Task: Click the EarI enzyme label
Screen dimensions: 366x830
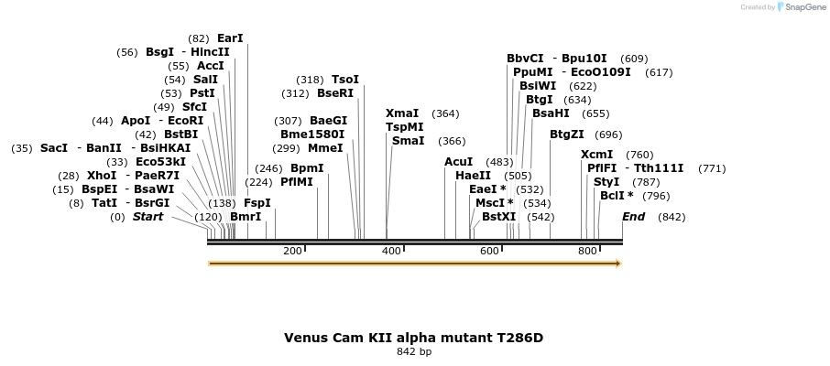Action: (230, 38)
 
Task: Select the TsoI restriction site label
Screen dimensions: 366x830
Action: (345, 80)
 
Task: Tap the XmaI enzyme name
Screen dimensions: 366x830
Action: (402, 113)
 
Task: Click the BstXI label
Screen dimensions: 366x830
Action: (499, 217)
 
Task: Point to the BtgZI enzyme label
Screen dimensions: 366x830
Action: (567, 135)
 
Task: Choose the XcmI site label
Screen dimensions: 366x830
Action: (597, 155)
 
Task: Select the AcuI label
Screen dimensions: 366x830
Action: (458, 162)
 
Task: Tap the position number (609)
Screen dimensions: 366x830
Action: (634, 59)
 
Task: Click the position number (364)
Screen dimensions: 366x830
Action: (445, 113)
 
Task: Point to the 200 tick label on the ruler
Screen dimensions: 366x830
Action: (292, 251)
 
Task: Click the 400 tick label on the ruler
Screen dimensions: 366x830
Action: (391, 251)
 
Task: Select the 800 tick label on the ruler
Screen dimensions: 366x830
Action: (587, 251)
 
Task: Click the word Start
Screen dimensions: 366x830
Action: (147, 217)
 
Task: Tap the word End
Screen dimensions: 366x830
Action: (633, 217)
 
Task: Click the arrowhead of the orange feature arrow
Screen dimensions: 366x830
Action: (618, 264)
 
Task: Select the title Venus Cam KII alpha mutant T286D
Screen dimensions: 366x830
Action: (413, 338)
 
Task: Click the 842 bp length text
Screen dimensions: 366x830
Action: (414, 351)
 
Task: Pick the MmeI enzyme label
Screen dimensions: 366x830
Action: (325, 148)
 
